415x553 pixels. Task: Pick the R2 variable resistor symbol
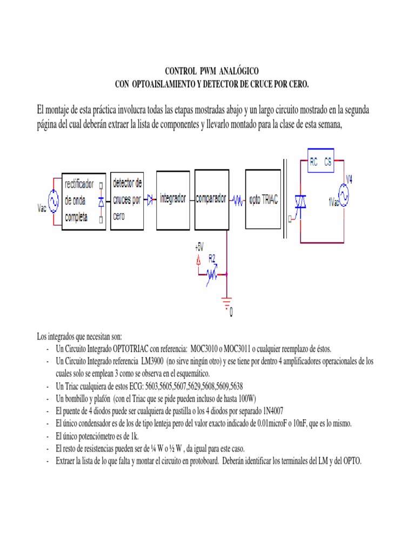coord(212,275)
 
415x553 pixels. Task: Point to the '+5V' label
coord(199,247)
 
